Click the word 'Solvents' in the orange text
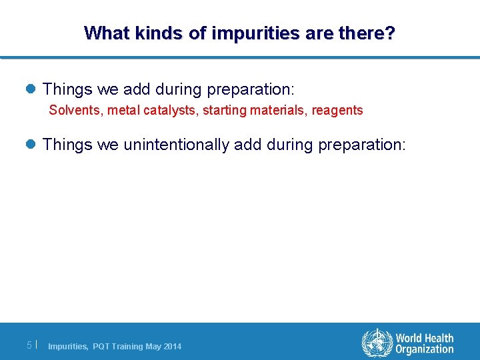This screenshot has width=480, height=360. (x=73, y=110)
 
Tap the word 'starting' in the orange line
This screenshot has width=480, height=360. (x=223, y=110)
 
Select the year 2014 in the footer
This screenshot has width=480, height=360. (x=172, y=346)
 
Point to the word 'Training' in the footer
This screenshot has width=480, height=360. (x=128, y=346)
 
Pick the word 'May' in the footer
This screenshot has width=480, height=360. (x=153, y=346)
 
